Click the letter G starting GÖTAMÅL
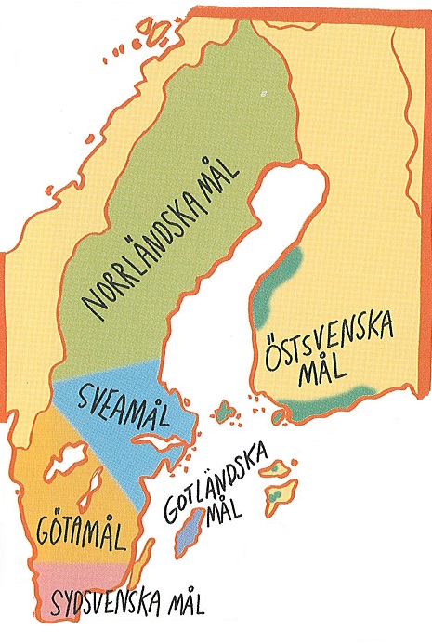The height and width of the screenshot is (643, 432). (46, 538)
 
